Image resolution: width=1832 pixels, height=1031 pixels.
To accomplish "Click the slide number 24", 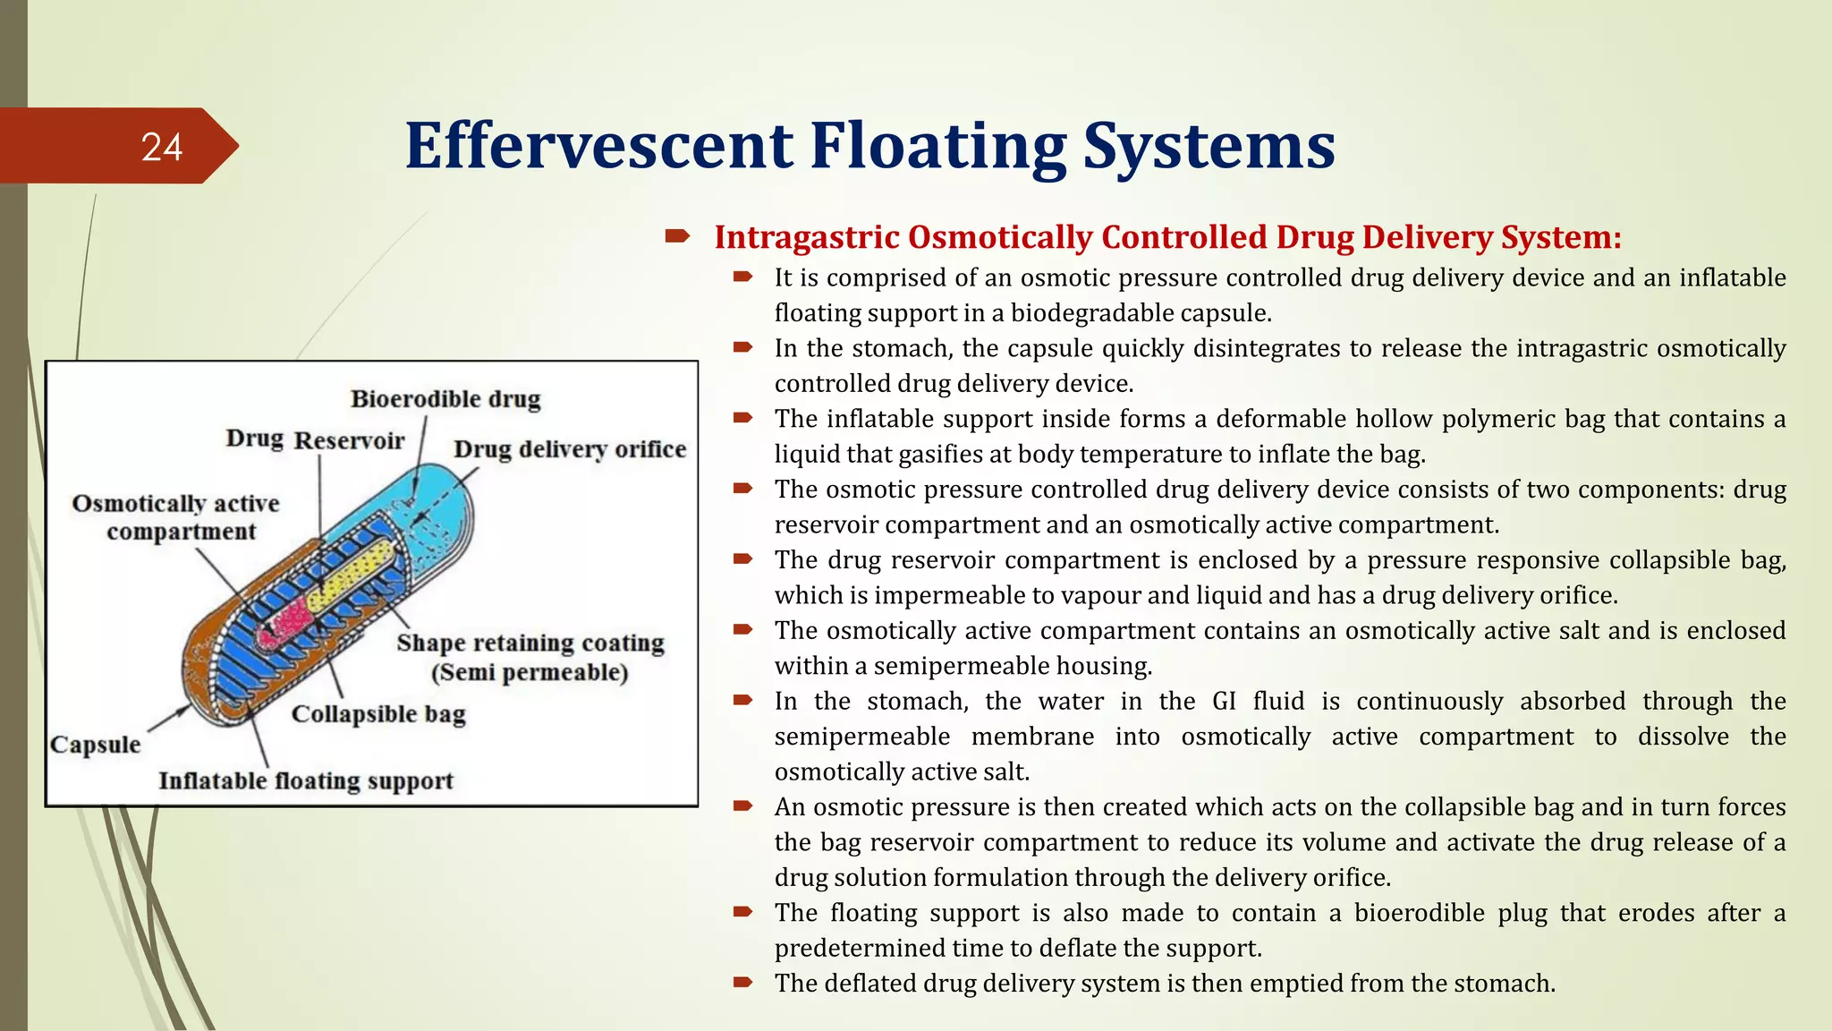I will [x=162, y=147].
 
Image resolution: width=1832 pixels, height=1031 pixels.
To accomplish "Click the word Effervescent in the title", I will [x=598, y=146].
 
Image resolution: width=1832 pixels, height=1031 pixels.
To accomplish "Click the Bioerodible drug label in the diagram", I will [x=445, y=399].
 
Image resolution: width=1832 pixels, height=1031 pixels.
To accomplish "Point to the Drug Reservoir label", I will [x=315, y=439].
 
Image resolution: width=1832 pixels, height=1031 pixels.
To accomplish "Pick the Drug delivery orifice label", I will [x=570, y=449].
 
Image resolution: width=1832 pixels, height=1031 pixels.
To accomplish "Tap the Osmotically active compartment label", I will [x=177, y=517].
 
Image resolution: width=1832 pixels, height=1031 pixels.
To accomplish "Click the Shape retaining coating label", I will [x=530, y=643].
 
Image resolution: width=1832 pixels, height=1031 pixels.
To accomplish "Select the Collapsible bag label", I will [x=378, y=714].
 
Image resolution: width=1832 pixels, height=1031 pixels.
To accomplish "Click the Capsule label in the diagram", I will [x=96, y=745].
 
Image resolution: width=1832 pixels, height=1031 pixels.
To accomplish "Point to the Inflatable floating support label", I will [x=306, y=781].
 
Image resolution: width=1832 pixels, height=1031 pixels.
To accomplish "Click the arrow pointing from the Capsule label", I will [x=168, y=719].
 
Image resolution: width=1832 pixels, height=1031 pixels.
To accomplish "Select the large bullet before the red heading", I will [x=677, y=237].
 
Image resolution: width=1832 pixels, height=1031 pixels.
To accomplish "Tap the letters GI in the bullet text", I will [x=1225, y=701].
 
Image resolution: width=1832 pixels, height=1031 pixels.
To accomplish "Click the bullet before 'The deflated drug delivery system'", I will [x=743, y=983].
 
